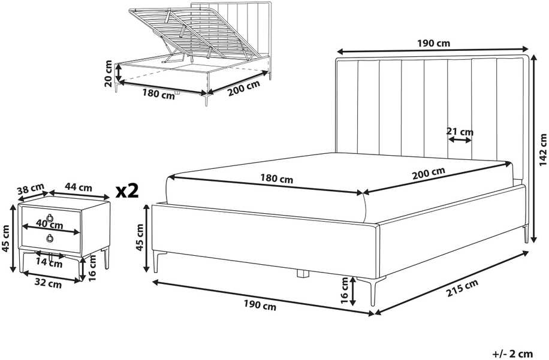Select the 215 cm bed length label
(x=462, y=288)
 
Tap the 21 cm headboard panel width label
(x=460, y=132)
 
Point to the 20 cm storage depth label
(x=108, y=74)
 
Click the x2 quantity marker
(x=127, y=191)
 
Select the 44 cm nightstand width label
(x=79, y=187)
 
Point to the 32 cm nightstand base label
(x=48, y=285)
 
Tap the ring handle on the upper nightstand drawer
(x=50, y=217)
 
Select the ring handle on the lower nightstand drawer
(x=50, y=238)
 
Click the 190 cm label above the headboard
(x=434, y=43)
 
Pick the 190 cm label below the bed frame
(x=260, y=305)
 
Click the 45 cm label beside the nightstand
(x=5, y=238)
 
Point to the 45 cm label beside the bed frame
(x=140, y=237)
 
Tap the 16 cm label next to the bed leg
(x=345, y=291)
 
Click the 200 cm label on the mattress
(x=429, y=173)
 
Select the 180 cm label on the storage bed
(x=159, y=94)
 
